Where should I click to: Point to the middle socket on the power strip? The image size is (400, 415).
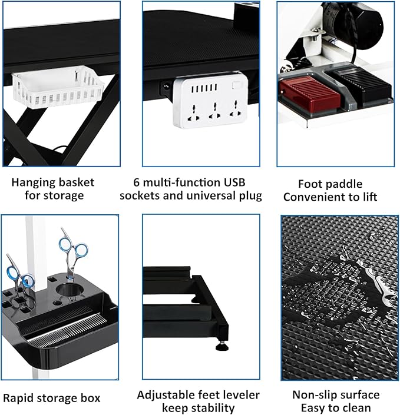point(214,109)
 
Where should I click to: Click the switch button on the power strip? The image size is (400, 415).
point(237,85)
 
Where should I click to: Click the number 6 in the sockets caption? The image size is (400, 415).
point(136,181)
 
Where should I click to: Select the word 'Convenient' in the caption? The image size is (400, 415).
point(313,197)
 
